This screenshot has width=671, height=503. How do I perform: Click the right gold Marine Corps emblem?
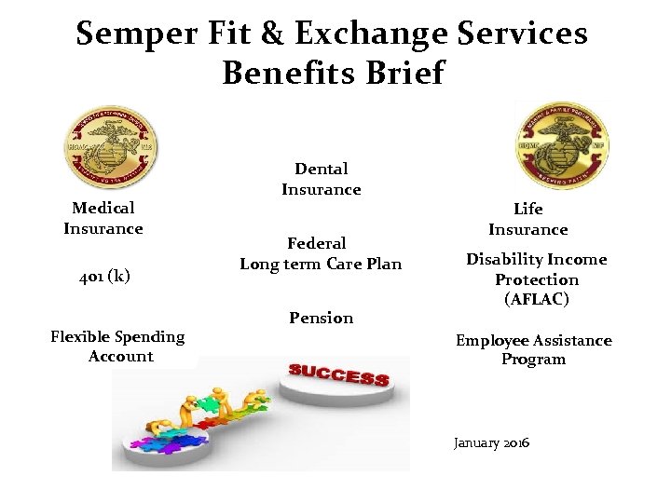[562, 144]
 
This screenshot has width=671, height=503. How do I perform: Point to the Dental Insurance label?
[321, 179]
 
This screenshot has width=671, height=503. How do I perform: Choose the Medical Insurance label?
[103, 218]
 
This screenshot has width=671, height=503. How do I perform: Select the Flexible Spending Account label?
[117, 347]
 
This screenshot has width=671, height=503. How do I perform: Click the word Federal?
[317, 243]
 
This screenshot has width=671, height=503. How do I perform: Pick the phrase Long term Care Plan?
[321, 264]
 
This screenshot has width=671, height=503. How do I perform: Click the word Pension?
[321, 318]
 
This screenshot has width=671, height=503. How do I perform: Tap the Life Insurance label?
[527, 219]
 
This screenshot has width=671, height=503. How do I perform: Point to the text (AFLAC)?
[536, 299]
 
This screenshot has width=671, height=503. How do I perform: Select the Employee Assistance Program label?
[533, 349]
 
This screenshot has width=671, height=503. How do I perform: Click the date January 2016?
[491, 442]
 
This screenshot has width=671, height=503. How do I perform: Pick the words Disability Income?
[536, 259]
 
